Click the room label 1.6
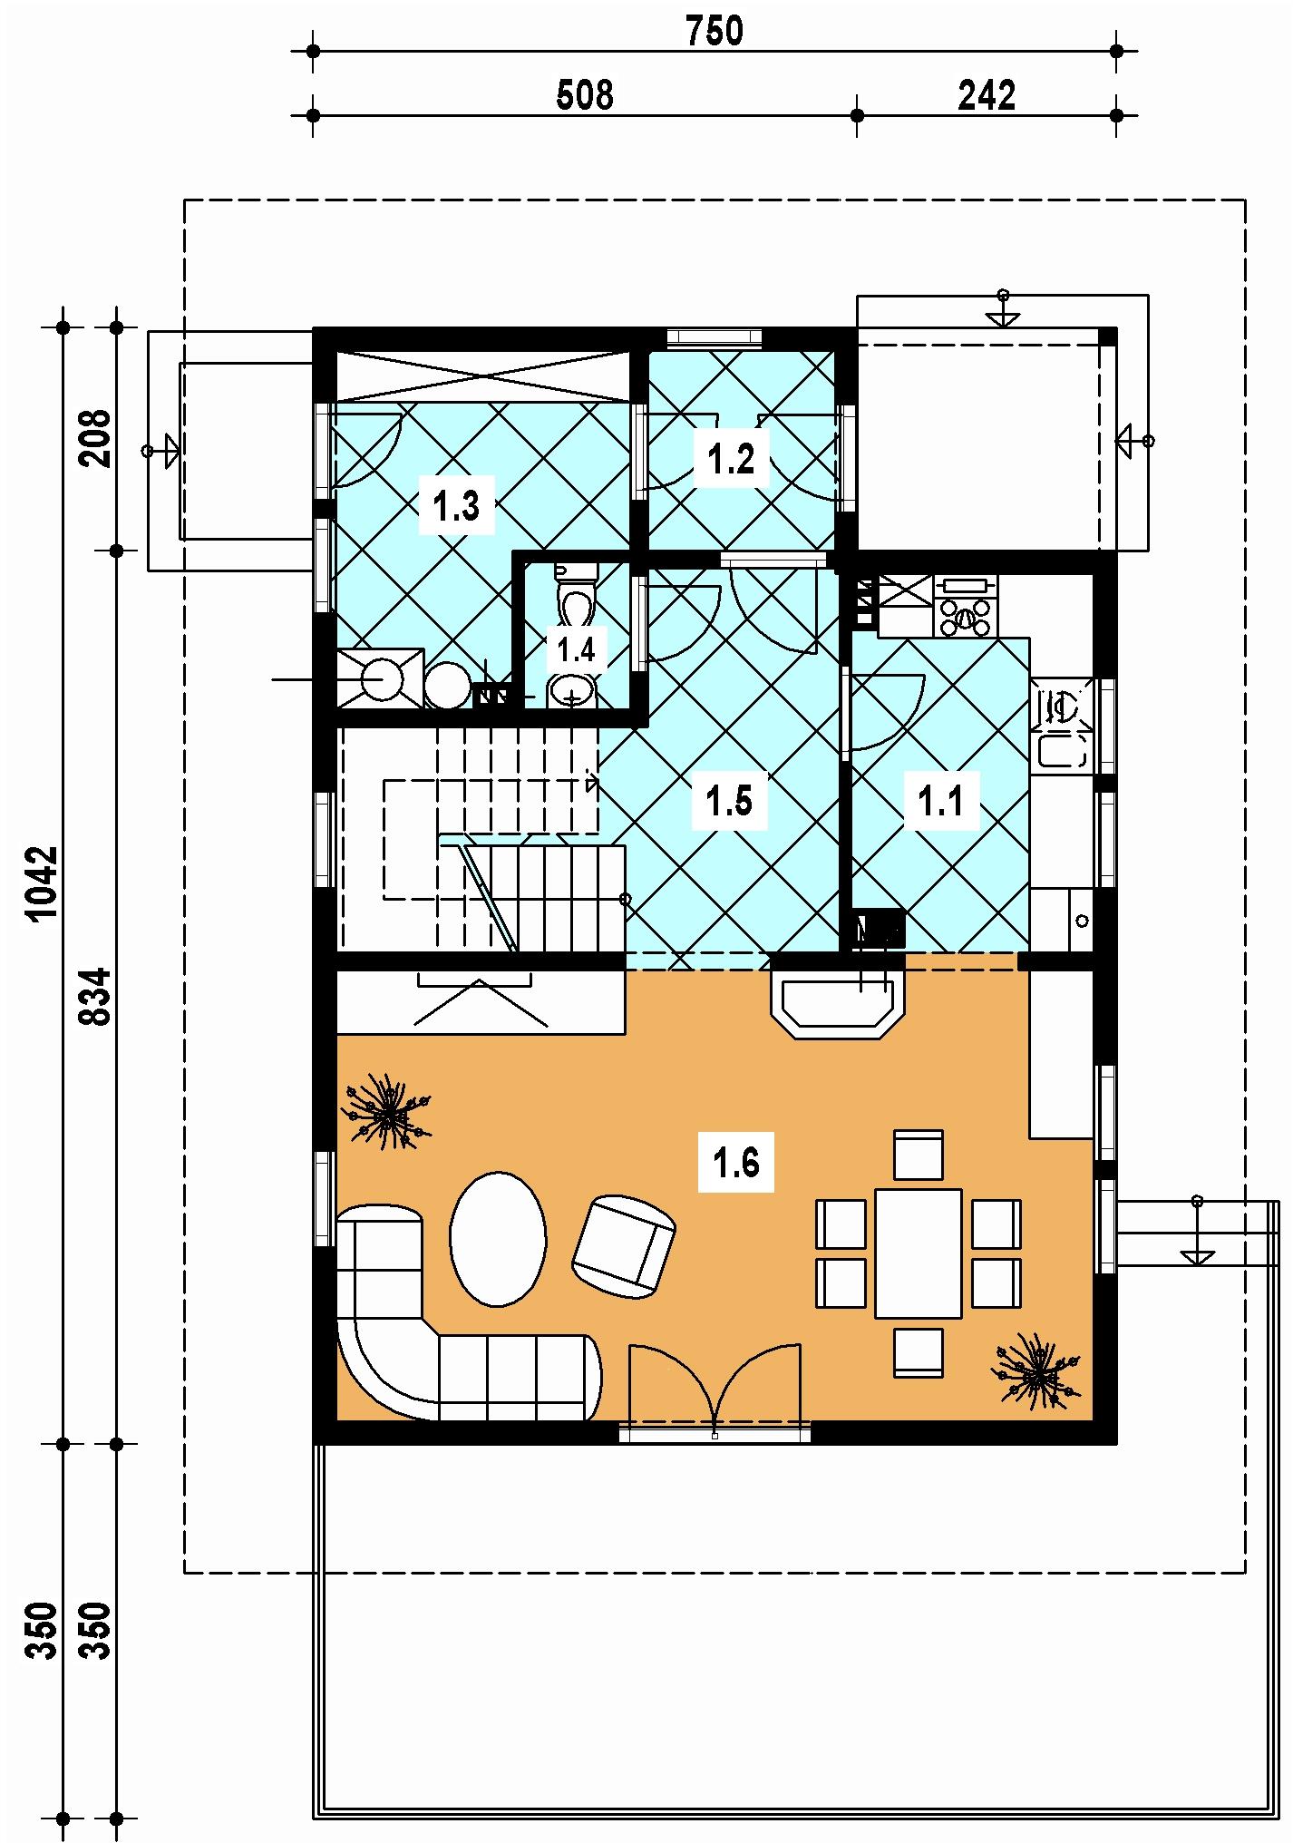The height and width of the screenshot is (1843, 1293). pyautogui.click(x=735, y=1162)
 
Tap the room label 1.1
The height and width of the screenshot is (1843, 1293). pyautogui.click(x=941, y=801)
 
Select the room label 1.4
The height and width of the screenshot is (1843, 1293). pyautogui.click(x=576, y=649)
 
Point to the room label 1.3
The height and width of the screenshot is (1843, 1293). pyautogui.click(x=456, y=506)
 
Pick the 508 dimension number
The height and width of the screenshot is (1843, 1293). pyautogui.click(x=585, y=94)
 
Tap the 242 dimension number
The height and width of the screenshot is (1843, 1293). pyautogui.click(x=987, y=94)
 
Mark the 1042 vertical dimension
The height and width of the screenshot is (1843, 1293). pyautogui.click(x=43, y=883)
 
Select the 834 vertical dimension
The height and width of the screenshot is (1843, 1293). pyautogui.click(x=96, y=997)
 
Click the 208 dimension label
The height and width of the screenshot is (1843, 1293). pyautogui.click(x=96, y=438)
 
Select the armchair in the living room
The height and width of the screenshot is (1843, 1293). pyautogui.click(x=624, y=1244)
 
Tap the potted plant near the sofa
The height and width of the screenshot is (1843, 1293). pyautogui.click(x=385, y=1111)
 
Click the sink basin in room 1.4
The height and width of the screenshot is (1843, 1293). pyautogui.click(x=572, y=692)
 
